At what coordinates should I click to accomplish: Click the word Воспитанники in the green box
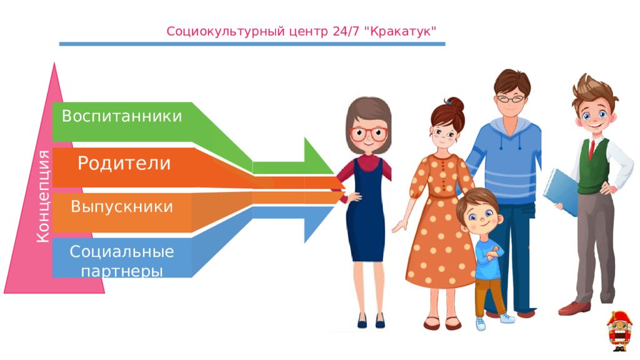pos(122,117)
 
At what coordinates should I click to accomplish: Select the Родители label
pos(124,164)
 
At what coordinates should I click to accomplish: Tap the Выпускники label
pos(122,207)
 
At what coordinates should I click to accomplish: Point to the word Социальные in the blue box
pos(122,252)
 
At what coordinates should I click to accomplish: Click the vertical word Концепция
pos(43,197)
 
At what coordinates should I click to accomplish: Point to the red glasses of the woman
pos(369,134)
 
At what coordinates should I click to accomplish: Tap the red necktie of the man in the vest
pos(591,149)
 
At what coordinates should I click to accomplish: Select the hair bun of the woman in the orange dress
pos(454,104)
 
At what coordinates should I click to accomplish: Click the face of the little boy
pos(479,216)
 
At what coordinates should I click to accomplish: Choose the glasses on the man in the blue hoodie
pos(512,98)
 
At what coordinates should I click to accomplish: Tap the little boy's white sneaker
pos(480,323)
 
